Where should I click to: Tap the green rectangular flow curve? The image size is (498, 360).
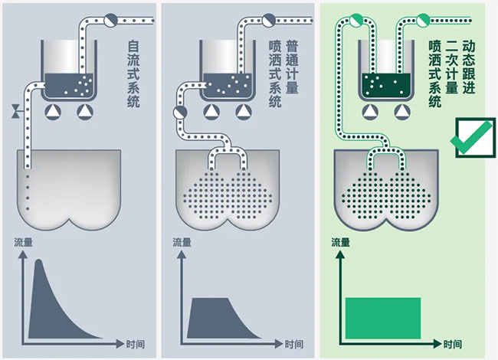pyautogui.click(x=383, y=316)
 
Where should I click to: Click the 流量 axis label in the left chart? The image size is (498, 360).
pyautogui.click(x=23, y=244)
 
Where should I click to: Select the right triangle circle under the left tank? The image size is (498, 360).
pyautogui.click(x=84, y=113)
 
